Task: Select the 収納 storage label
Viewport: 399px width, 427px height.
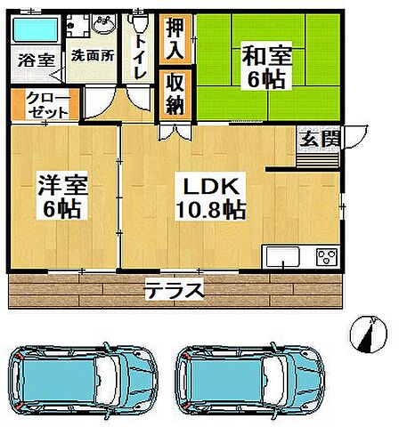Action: pyautogui.click(x=175, y=93)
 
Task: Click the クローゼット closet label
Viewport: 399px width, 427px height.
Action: pyautogui.click(x=44, y=105)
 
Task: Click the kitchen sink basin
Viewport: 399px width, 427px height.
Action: pyautogui.click(x=284, y=258)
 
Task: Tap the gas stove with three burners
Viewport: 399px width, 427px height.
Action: pyautogui.click(x=324, y=258)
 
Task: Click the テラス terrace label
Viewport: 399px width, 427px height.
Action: pyautogui.click(x=175, y=289)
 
